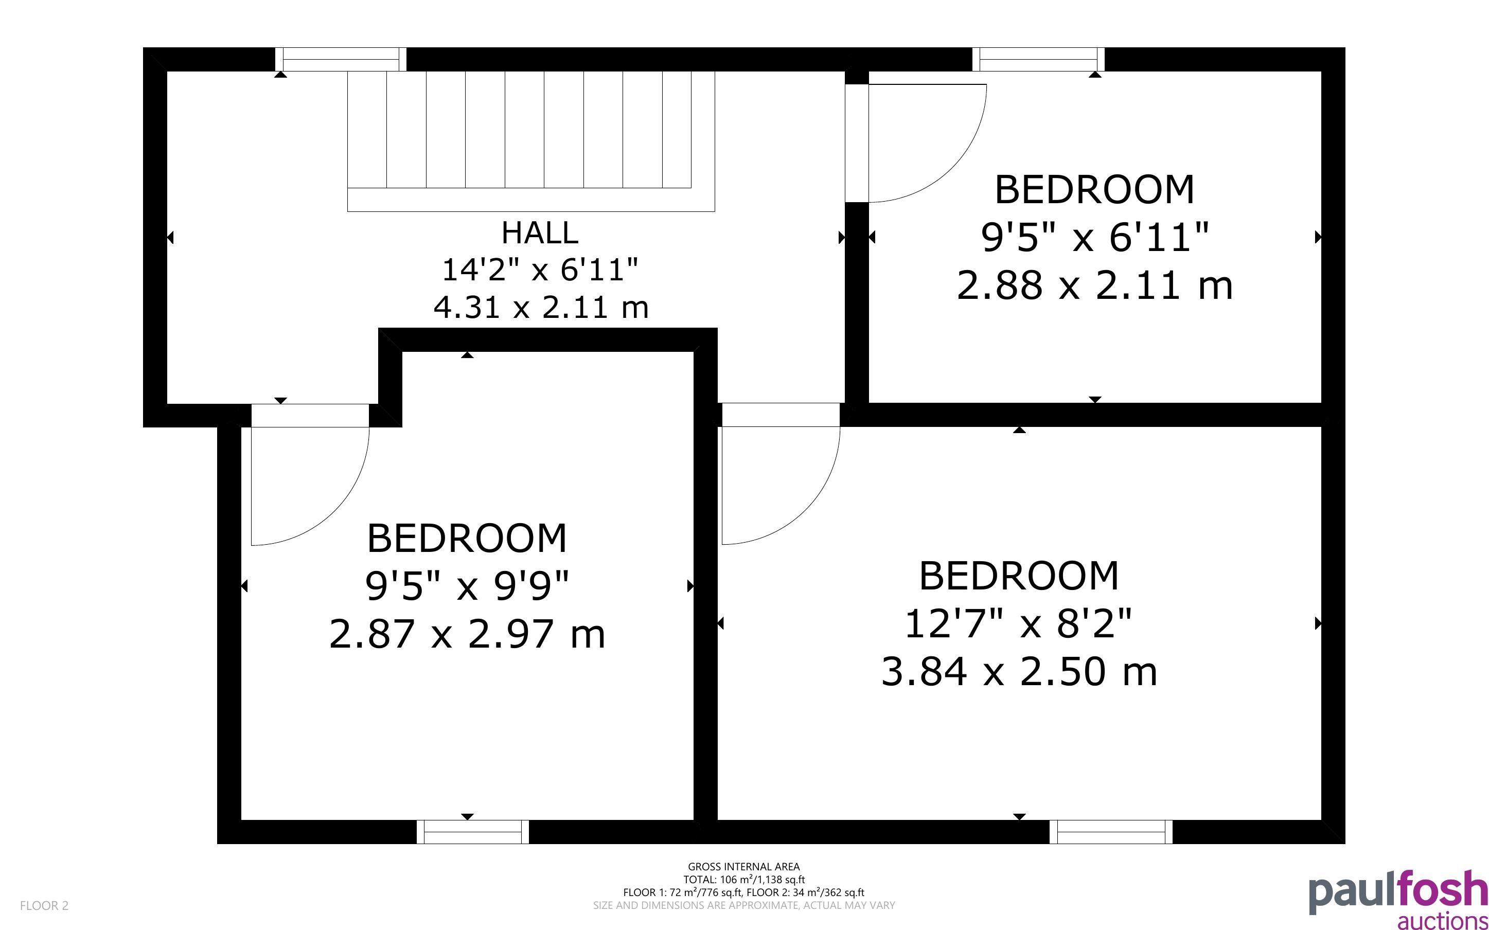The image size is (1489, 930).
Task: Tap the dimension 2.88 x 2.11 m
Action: click(1095, 286)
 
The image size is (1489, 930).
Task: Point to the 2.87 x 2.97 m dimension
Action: click(467, 634)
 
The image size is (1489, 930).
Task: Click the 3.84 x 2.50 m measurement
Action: click(1019, 671)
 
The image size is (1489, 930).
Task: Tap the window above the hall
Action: click(341, 60)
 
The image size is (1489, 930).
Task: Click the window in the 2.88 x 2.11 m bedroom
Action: click(1039, 60)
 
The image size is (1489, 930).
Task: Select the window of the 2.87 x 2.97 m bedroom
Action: click(473, 832)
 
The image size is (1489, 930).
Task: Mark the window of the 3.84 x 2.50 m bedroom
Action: click(1111, 832)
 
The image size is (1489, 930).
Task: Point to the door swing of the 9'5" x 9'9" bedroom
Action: click(335, 510)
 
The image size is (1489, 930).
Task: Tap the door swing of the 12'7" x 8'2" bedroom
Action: click(806, 510)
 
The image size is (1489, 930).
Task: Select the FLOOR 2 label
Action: click(44, 905)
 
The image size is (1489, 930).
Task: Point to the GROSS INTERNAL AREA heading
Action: click(743, 867)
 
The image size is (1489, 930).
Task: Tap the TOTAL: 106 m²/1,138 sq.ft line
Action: click(743, 880)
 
